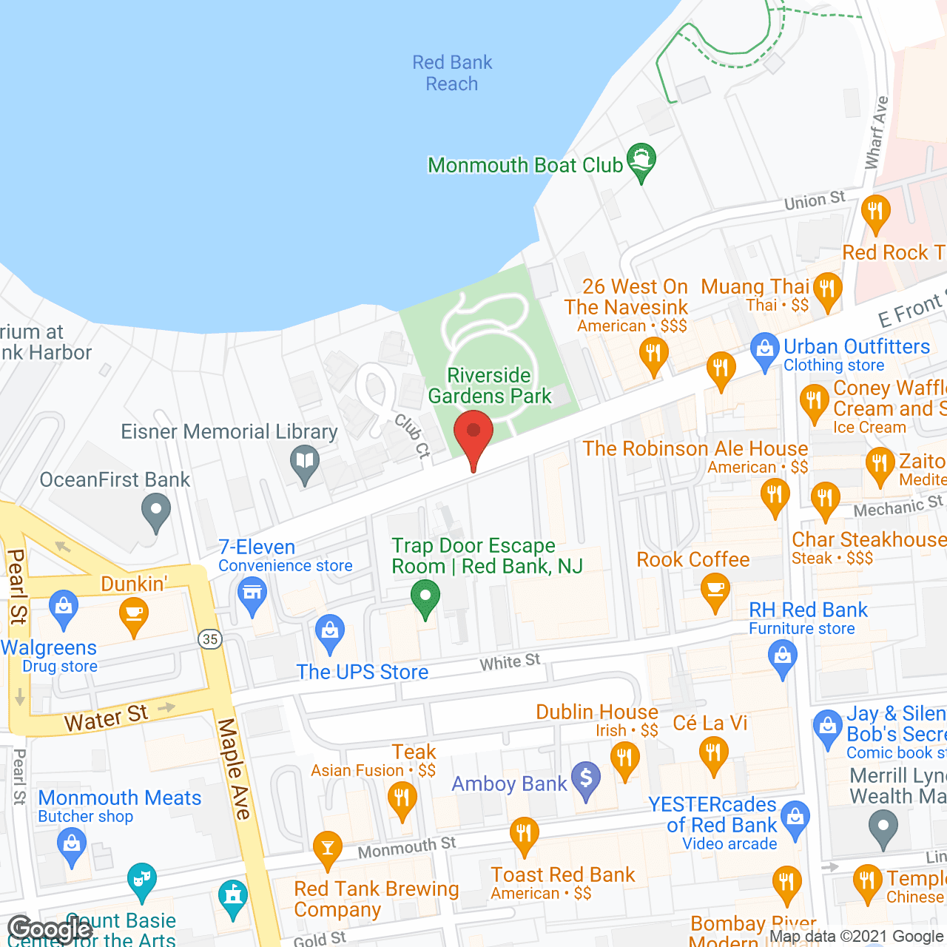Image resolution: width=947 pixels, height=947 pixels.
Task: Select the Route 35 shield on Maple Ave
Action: click(211, 639)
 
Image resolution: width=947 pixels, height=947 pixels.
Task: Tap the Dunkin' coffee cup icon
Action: click(134, 615)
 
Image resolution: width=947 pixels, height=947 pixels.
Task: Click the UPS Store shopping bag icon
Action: click(330, 633)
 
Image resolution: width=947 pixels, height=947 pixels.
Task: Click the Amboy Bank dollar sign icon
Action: click(586, 779)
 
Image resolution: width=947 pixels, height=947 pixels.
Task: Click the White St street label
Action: click(510, 661)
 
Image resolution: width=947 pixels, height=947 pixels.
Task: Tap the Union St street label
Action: click(814, 200)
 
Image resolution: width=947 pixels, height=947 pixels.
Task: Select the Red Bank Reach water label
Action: click(452, 73)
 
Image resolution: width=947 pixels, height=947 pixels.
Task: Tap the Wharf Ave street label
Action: click(877, 132)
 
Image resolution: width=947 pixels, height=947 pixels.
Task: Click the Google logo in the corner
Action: click(50, 929)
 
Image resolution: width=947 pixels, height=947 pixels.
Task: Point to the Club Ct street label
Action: click(412, 436)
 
